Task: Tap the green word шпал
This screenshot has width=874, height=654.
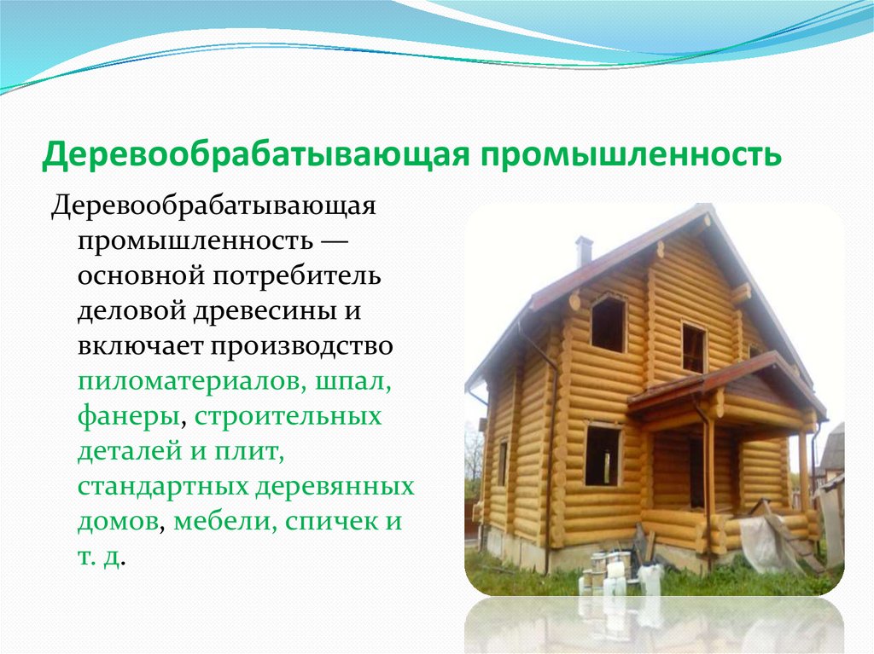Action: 353,384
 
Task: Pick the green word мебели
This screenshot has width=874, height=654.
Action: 221,522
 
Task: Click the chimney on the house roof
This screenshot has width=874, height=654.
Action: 584,250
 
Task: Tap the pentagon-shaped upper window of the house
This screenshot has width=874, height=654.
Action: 609,323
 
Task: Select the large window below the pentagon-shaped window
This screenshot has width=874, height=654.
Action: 603,454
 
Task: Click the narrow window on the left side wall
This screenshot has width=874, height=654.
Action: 502,463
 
